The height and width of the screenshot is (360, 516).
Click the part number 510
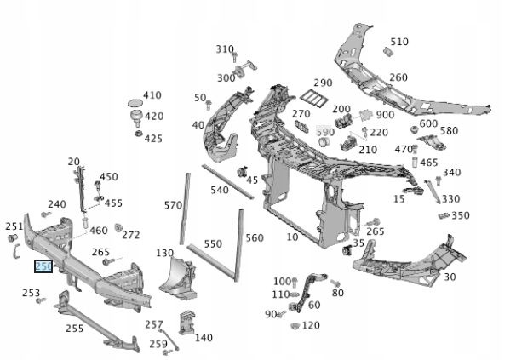tap(399, 41)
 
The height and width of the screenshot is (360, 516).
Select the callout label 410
tap(152, 95)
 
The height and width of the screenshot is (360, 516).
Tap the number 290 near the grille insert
tap(322, 83)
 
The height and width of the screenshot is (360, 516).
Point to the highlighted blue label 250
tap(43, 266)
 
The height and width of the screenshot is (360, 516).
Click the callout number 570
tap(173, 205)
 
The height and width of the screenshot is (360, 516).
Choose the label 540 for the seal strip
tap(220, 190)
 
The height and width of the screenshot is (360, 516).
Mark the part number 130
tap(164, 253)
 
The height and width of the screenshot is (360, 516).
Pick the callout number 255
tap(74, 328)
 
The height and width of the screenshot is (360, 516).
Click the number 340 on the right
tap(451, 173)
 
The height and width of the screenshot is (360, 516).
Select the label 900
tap(385, 115)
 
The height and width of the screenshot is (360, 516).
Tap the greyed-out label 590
tap(325, 132)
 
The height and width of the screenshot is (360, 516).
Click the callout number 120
tap(311, 325)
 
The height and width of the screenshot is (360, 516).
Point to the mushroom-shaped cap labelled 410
tap(133, 105)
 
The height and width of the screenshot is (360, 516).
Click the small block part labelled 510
tap(387, 51)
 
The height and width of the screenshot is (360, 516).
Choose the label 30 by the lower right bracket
tap(450, 276)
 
